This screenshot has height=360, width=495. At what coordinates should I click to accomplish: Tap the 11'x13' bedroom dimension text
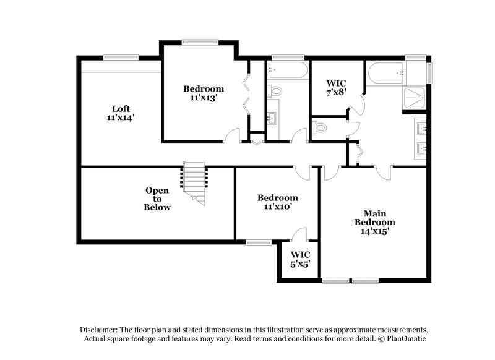click(x=203, y=98)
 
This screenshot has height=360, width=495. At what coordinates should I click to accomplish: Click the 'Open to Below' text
click(x=158, y=199)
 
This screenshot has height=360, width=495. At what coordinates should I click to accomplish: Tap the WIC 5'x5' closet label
click(x=300, y=259)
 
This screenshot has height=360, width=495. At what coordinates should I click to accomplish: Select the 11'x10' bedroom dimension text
click(x=278, y=207)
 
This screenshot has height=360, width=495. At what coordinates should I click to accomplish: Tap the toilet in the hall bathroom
click(x=275, y=91)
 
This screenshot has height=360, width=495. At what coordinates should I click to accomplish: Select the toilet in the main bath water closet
click(x=320, y=127)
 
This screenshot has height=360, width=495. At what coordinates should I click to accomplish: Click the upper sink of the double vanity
click(x=420, y=129)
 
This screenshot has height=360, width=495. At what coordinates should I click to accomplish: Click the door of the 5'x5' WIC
click(x=299, y=234)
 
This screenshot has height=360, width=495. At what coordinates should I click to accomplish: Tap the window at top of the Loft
click(x=120, y=58)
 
